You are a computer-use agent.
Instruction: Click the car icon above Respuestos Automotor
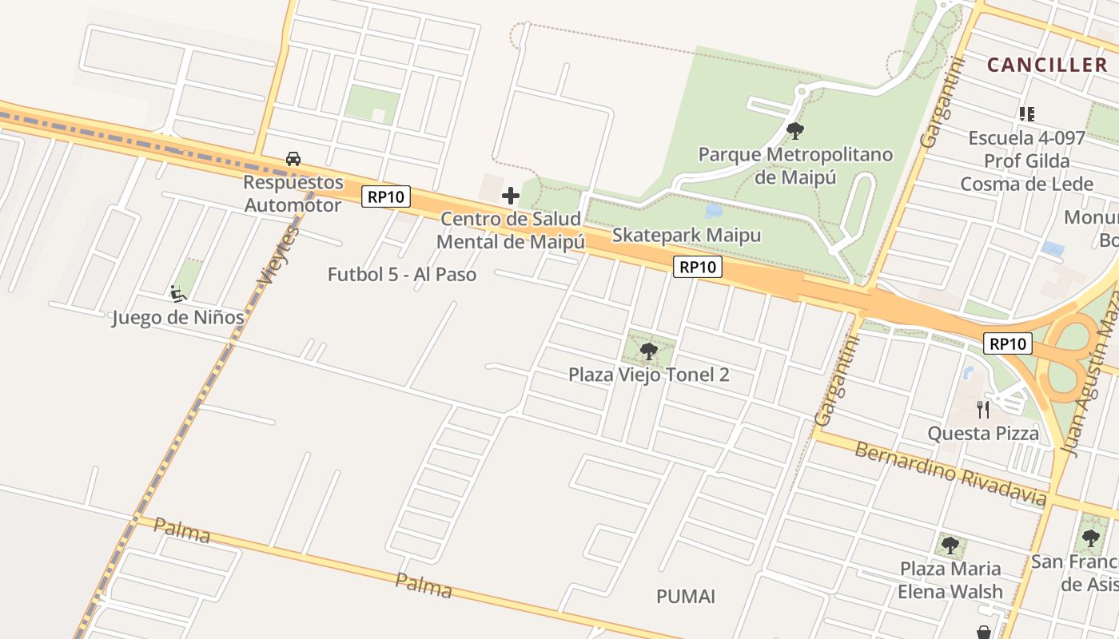[293, 159]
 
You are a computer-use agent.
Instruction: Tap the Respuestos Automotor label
[293, 194]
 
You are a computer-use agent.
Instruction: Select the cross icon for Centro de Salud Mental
[510, 196]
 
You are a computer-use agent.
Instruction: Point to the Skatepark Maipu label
[686, 236]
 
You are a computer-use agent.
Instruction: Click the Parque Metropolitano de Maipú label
[794, 165]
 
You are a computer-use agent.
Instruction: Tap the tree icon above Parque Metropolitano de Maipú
[794, 130]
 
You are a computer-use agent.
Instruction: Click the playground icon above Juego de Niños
[177, 294]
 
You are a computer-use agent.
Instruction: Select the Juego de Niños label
[177, 318]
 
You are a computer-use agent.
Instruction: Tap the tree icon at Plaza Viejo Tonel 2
[648, 350]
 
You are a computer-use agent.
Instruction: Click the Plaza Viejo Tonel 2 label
[648, 375]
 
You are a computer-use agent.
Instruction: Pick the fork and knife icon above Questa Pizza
[983, 410]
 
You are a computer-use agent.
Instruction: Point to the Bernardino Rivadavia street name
[950, 472]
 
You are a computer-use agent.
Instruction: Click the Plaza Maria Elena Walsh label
[950, 580]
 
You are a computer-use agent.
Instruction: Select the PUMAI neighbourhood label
[685, 597]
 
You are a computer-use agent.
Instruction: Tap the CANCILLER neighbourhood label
[1047, 65]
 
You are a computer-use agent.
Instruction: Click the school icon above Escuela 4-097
[1026, 114]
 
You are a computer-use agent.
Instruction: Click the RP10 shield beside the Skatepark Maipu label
[698, 267]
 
